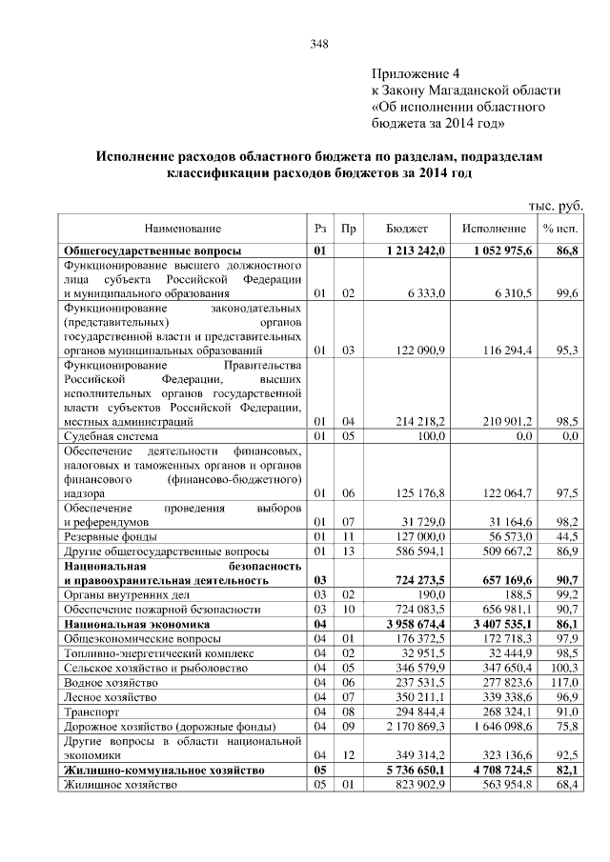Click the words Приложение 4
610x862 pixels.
416,73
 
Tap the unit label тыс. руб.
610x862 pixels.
555,206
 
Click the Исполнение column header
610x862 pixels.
494,229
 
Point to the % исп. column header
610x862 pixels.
561,229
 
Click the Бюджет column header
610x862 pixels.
407,229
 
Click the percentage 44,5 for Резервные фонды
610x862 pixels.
569,536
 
